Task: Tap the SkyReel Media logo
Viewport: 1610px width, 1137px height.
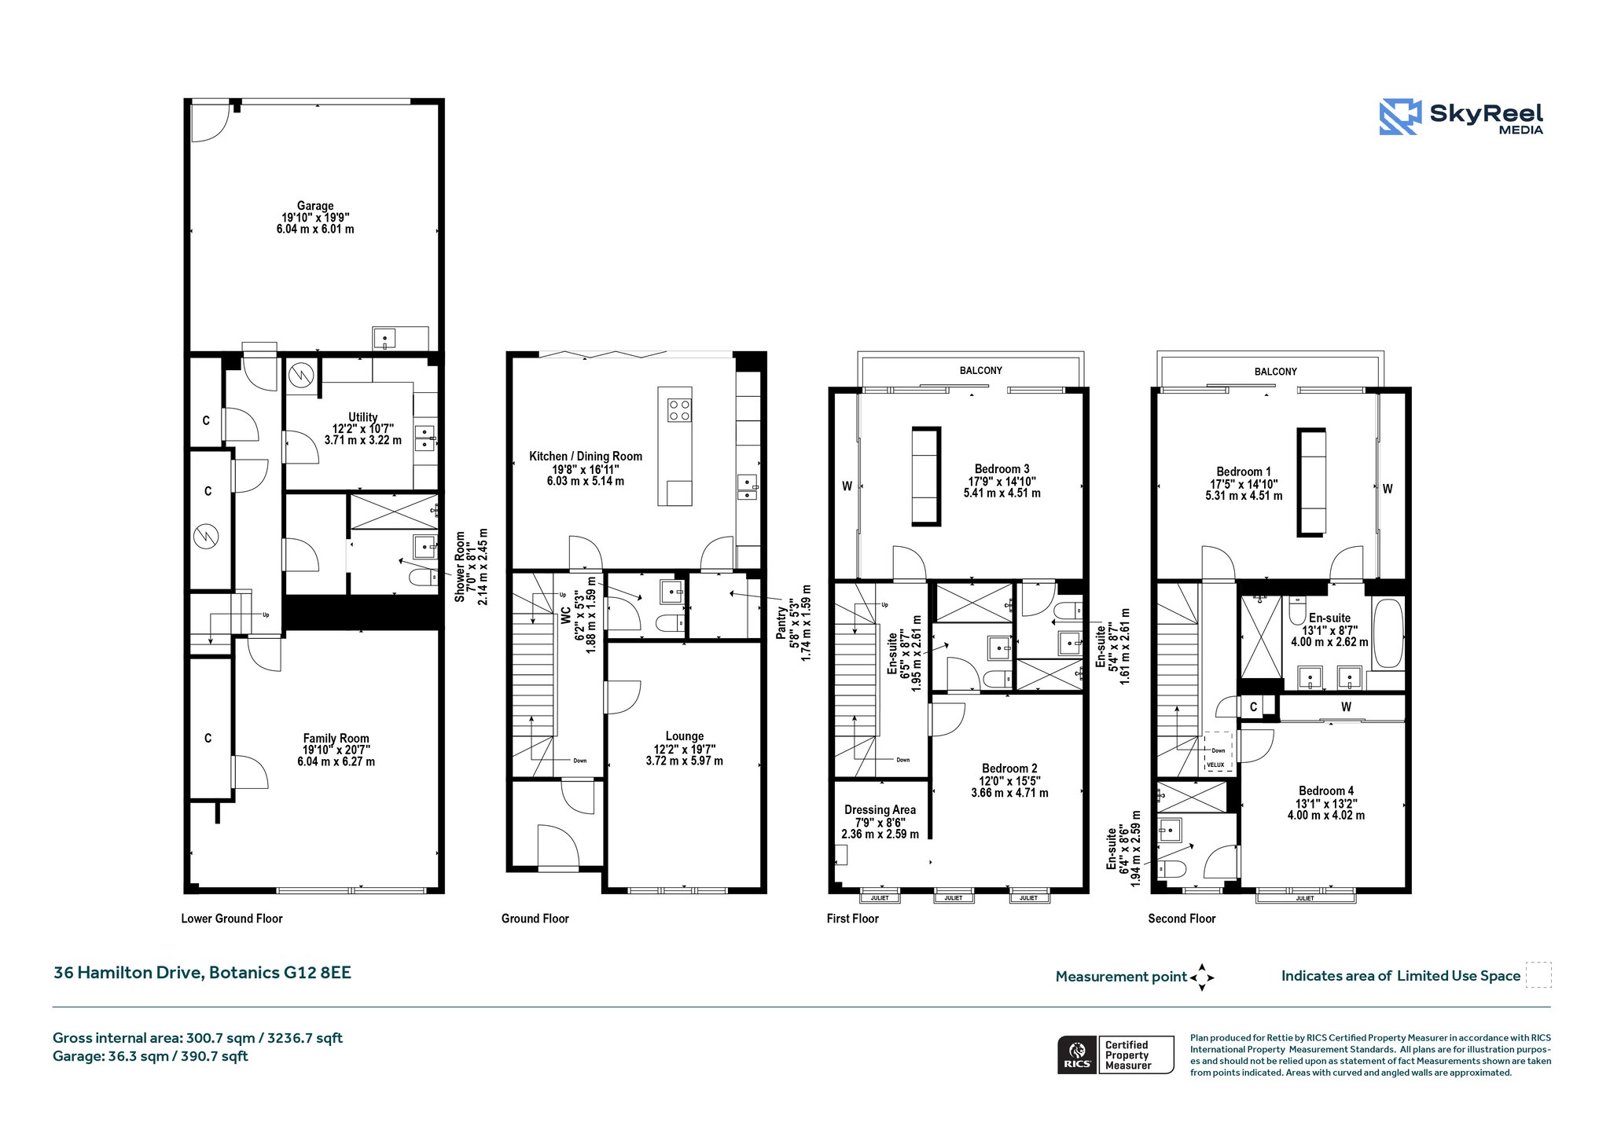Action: click(1461, 117)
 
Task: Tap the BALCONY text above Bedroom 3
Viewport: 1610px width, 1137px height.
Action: click(981, 370)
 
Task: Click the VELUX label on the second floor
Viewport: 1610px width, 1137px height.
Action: click(1215, 765)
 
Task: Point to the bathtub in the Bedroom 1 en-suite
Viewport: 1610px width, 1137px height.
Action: click(1388, 634)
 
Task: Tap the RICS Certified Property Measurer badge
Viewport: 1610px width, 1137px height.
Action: click(1116, 1054)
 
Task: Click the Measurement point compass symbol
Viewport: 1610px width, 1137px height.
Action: click(1202, 977)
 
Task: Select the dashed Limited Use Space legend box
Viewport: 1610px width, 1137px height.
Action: click(1538, 975)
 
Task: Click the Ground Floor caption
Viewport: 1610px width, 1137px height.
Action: click(535, 919)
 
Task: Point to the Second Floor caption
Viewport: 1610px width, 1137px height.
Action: click(1182, 919)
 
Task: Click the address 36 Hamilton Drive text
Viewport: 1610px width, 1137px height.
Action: click(129, 973)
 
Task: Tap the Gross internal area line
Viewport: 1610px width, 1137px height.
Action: click(197, 1038)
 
